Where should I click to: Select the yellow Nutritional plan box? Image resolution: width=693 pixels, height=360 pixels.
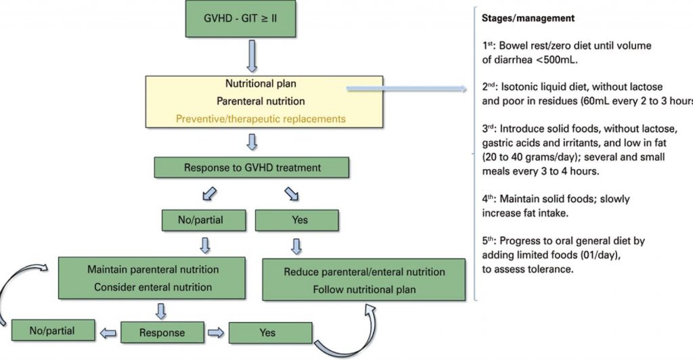[x=261, y=102]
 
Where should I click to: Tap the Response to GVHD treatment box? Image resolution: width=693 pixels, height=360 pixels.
[x=252, y=168]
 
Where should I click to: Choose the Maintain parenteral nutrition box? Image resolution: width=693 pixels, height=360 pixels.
[x=153, y=278]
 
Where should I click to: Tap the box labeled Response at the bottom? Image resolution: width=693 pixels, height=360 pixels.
[x=162, y=334]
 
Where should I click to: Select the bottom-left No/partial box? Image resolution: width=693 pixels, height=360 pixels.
[x=53, y=332]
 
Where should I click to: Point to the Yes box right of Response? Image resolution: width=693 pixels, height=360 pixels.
[x=271, y=333]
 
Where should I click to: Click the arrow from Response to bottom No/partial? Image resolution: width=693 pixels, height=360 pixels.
[x=108, y=333]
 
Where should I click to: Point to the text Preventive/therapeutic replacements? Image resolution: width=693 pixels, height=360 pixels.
[x=261, y=119]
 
